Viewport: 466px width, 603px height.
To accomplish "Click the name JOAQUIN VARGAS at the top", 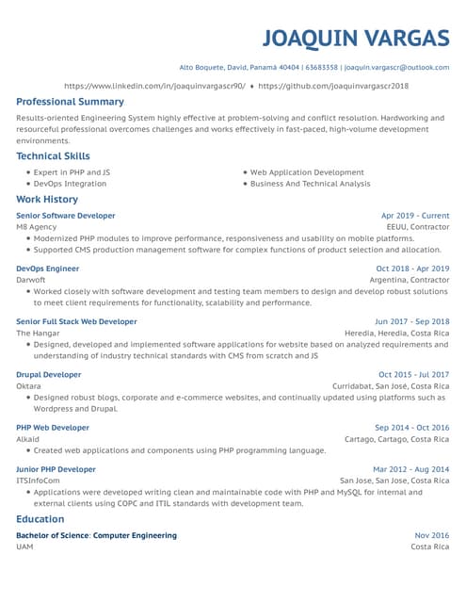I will pyautogui.click(x=355, y=38).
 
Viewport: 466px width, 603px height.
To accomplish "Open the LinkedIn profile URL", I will pyautogui.click(x=154, y=85).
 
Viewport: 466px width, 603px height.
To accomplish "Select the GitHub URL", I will pyautogui.click(x=333, y=85).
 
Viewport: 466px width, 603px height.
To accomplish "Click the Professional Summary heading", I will pyautogui.click(x=70, y=102).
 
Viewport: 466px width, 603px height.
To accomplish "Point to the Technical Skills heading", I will pyautogui.click(x=53, y=156).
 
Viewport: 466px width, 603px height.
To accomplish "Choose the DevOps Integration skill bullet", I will pyautogui.click(x=70, y=184).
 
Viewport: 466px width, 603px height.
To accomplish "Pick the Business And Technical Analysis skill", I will pyautogui.click(x=310, y=184).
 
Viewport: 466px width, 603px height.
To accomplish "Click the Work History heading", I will pyautogui.click(x=47, y=200).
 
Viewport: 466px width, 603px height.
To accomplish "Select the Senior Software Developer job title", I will pyautogui.click(x=66, y=216).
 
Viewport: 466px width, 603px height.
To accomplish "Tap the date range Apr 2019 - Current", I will pyautogui.click(x=414, y=216).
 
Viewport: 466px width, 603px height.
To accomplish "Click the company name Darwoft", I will pyautogui.click(x=31, y=280).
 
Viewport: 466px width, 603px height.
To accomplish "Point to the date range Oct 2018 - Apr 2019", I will pyautogui.click(x=412, y=269).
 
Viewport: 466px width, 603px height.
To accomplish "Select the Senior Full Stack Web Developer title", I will pyautogui.click(x=76, y=321).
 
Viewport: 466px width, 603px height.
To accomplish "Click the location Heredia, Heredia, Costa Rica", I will pyautogui.click(x=396, y=334).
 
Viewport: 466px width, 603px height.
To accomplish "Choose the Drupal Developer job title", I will pyautogui.click(x=49, y=374).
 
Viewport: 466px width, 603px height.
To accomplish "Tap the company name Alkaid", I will pyautogui.click(x=29, y=439).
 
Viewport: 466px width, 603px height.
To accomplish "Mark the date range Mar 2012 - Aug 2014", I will pyautogui.click(x=410, y=469).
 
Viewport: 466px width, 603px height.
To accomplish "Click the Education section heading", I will pyautogui.click(x=40, y=519).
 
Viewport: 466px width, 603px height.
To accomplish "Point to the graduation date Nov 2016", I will pyautogui.click(x=431, y=535).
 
